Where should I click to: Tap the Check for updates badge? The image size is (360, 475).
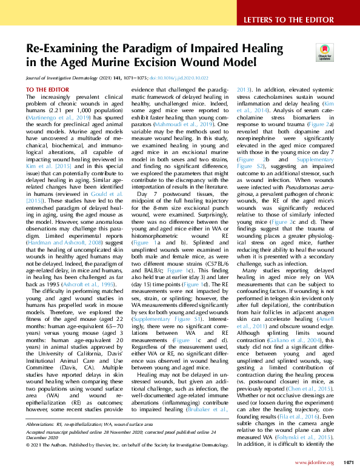click(324, 56)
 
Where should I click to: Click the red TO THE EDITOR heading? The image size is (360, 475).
click(48, 90)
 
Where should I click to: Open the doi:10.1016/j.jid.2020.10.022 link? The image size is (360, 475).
click(187, 78)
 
